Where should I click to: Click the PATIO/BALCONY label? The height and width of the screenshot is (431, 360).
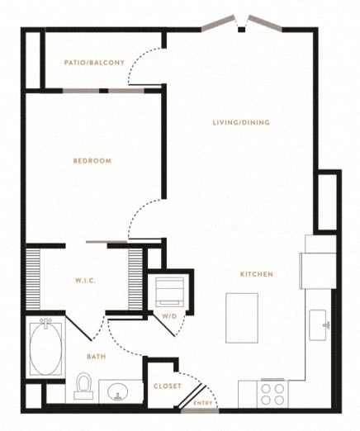click(x=94, y=63)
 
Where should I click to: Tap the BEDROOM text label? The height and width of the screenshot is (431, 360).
click(x=92, y=161)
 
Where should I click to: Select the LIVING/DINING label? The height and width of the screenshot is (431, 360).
click(x=241, y=122)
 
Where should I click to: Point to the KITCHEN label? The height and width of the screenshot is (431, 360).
click(x=257, y=274)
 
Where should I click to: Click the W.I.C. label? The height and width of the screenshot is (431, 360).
click(x=86, y=281)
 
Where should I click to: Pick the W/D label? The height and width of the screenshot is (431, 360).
click(x=169, y=316)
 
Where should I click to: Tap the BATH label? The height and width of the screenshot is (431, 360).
click(x=97, y=357)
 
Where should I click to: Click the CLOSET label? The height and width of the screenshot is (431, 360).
click(x=168, y=386)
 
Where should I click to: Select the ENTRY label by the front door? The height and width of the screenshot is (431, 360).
click(x=203, y=403)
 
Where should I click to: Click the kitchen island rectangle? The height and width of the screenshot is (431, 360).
click(x=242, y=318)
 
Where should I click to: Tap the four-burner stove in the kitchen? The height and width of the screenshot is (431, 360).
click(x=272, y=394)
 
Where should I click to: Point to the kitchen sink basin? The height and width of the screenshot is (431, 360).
click(x=318, y=325)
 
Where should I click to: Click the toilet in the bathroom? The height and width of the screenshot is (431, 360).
click(x=83, y=386)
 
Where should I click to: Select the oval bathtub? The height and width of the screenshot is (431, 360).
click(x=45, y=349)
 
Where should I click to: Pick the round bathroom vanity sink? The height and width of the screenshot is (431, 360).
click(x=118, y=391)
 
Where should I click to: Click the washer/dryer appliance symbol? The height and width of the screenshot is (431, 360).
click(x=170, y=292)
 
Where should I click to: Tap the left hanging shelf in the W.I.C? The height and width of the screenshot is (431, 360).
click(x=33, y=279)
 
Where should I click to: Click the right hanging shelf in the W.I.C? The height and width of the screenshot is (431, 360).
click(x=135, y=279)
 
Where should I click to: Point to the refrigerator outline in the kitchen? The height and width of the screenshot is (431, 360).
click(x=318, y=271)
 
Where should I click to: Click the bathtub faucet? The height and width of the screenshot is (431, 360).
click(x=45, y=322)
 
